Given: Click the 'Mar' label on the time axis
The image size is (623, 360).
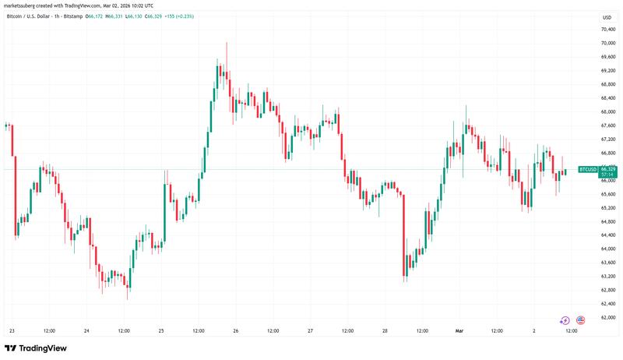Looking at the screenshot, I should click(x=460, y=330).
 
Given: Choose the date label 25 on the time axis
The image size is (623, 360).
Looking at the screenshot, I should click(x=161, y=330).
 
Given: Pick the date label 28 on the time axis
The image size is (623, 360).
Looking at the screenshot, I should click(x=385, y=330).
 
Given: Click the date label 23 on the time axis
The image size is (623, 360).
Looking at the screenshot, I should click(x=11, y=330).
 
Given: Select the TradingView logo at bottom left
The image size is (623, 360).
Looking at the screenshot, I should click(x=36, y=348).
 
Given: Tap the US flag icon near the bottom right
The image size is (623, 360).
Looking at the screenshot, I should click(x=580, y=320).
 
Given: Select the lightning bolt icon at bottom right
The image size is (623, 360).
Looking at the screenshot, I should click(x=565, y=320).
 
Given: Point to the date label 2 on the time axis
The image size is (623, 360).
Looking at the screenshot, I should click(x=535, y=330).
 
